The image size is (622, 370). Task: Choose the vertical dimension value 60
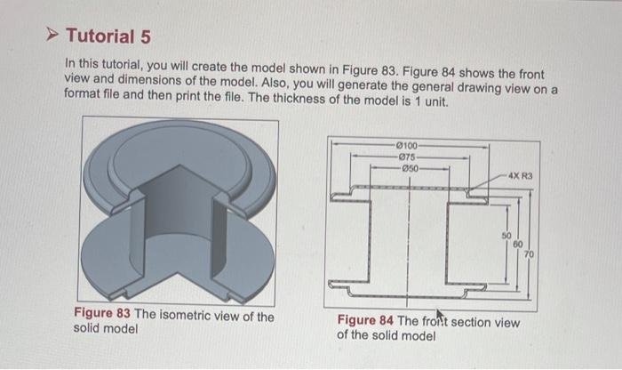[518, 245]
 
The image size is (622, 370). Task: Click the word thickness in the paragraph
[333, 102]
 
